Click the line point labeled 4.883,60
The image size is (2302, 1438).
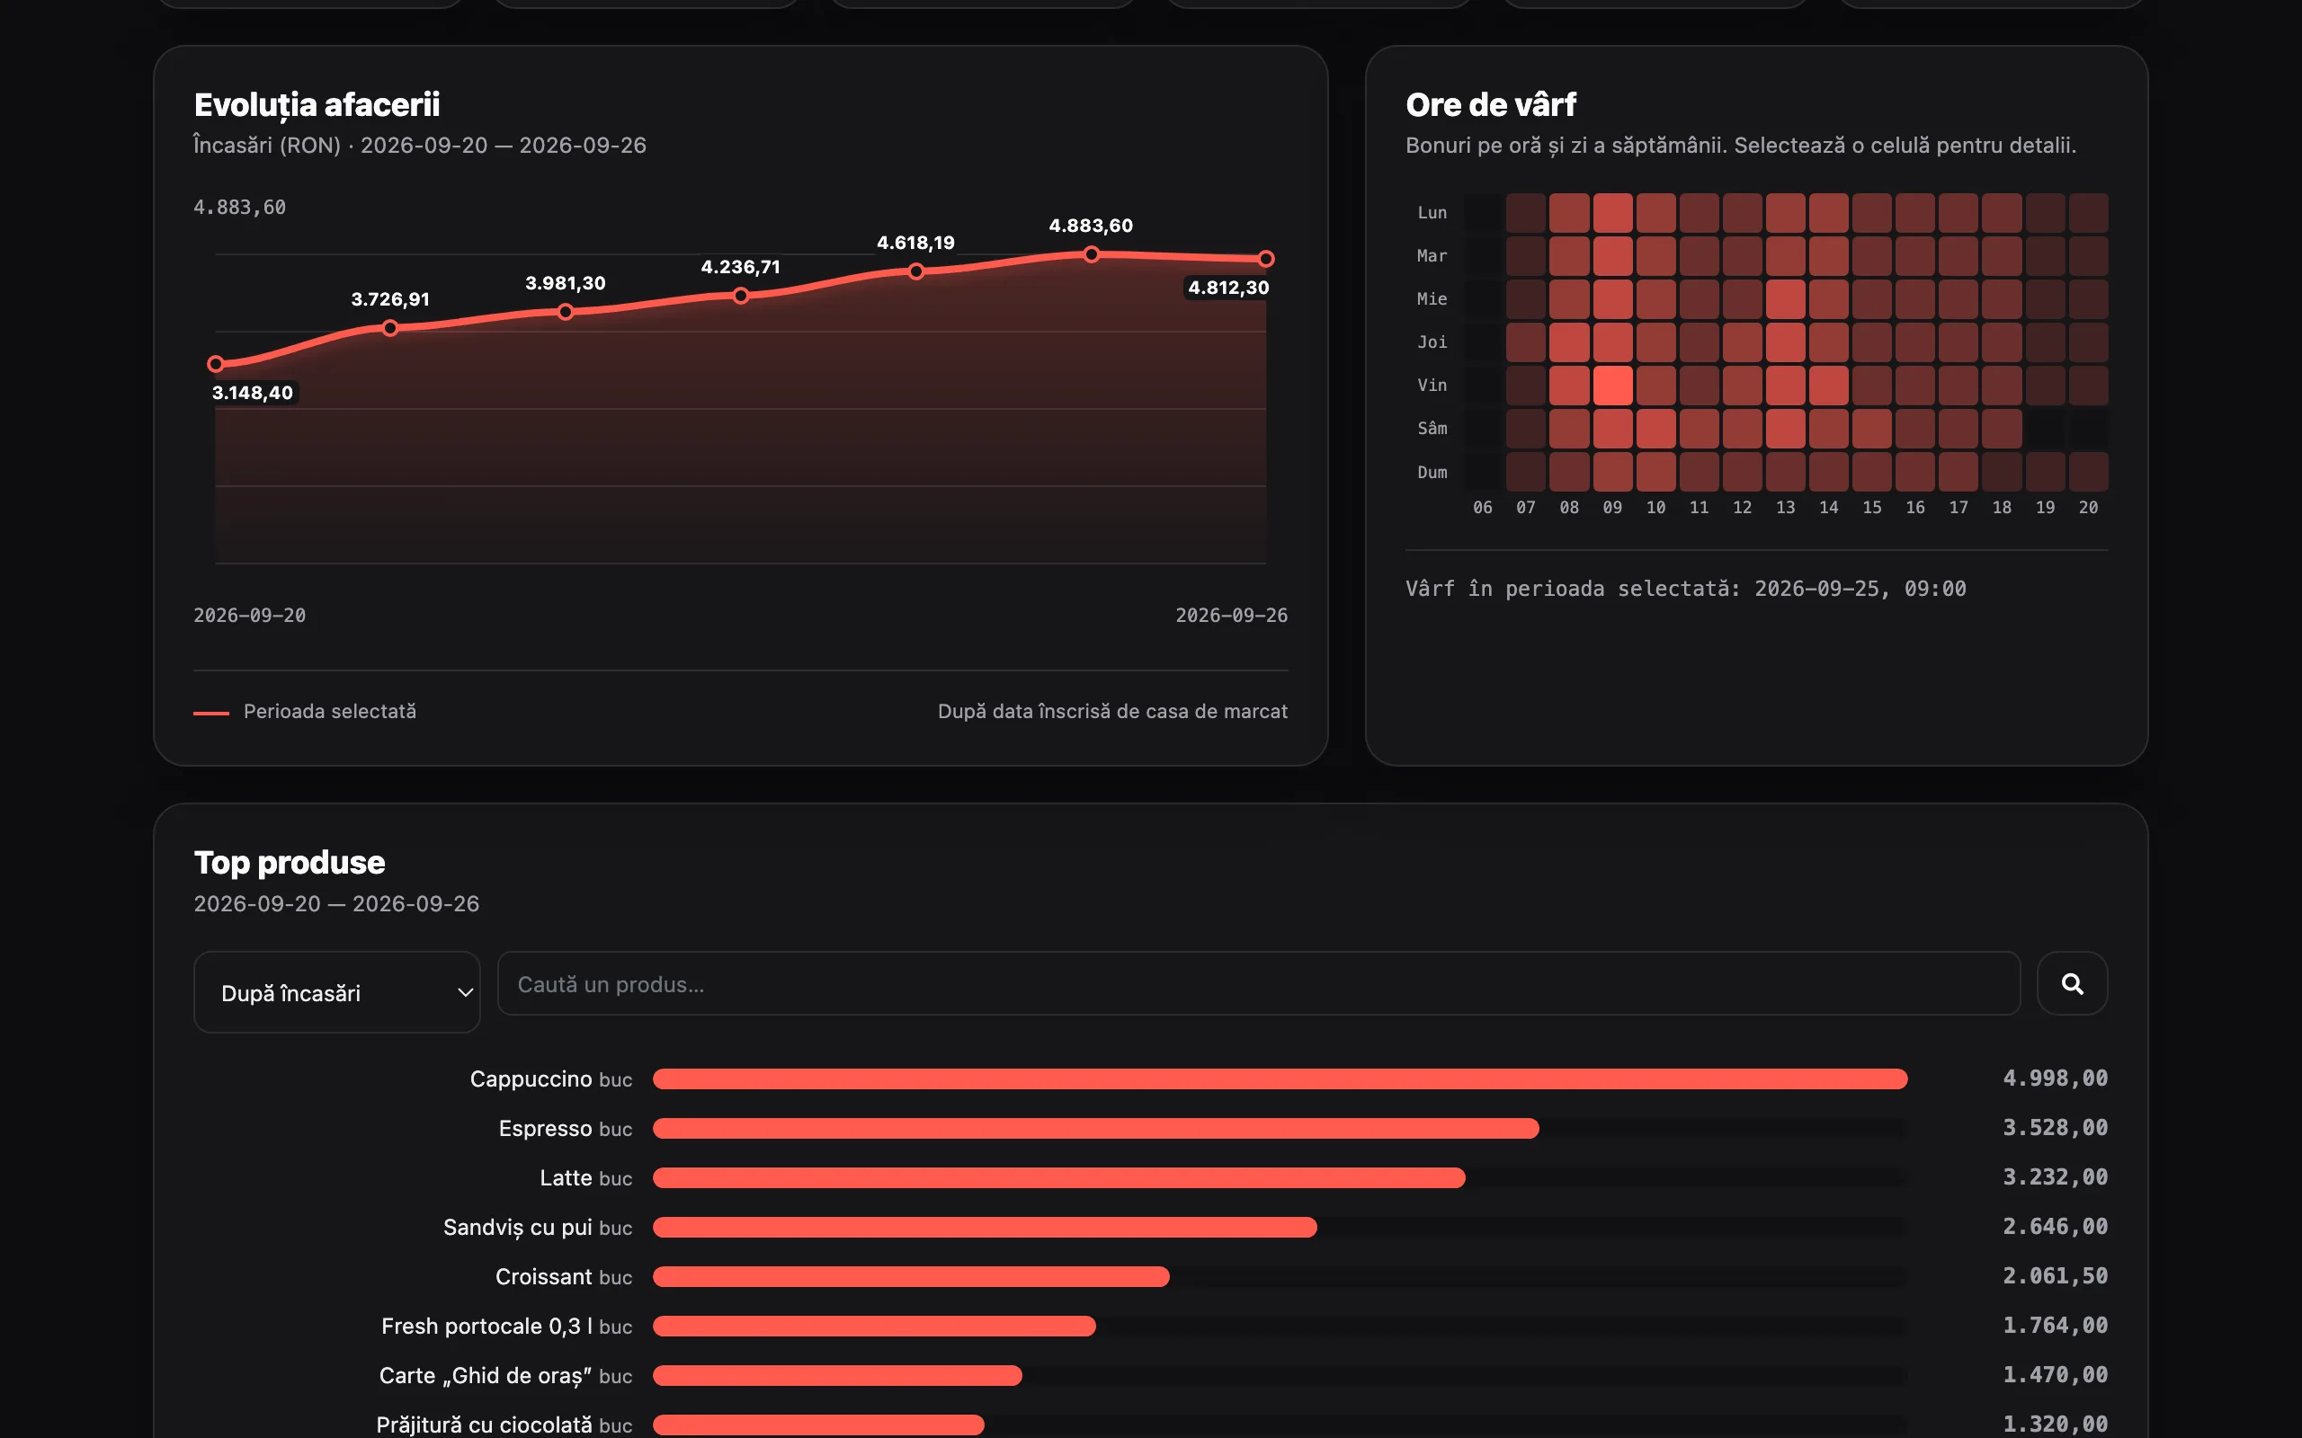(1091, 254)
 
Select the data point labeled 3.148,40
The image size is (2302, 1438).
(216, 363)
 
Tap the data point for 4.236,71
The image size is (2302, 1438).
(741, 296)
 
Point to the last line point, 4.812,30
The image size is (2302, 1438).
(1266, 259)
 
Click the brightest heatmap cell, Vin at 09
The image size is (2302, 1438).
(1612, 386)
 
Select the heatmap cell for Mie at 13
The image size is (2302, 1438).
(1786, 298)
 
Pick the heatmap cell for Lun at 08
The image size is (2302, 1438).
(1569, 213)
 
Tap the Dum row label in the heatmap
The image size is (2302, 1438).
(1432, 473)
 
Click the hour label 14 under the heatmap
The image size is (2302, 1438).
(1828, 508)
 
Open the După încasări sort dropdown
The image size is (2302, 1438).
(336, 992)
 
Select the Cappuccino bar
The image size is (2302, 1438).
(1280, 1078)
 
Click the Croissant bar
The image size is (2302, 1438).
(911, 1276)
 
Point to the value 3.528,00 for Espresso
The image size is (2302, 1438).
(2055, 1128)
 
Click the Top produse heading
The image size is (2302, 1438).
(290, 863)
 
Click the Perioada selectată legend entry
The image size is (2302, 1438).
(305, 712)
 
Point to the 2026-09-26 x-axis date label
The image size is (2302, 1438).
(1231, 616)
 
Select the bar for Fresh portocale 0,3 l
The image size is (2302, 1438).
(874, 1326)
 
